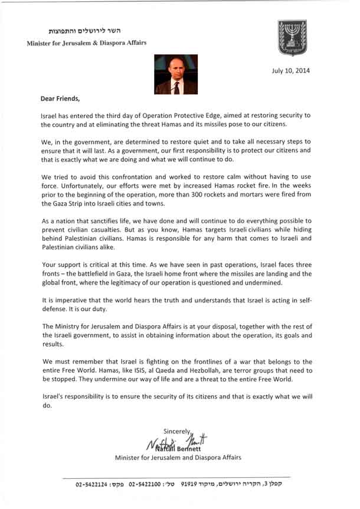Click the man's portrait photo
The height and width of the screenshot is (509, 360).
point(175,74)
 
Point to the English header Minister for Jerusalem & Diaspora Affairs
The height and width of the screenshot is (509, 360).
point(87,43)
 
